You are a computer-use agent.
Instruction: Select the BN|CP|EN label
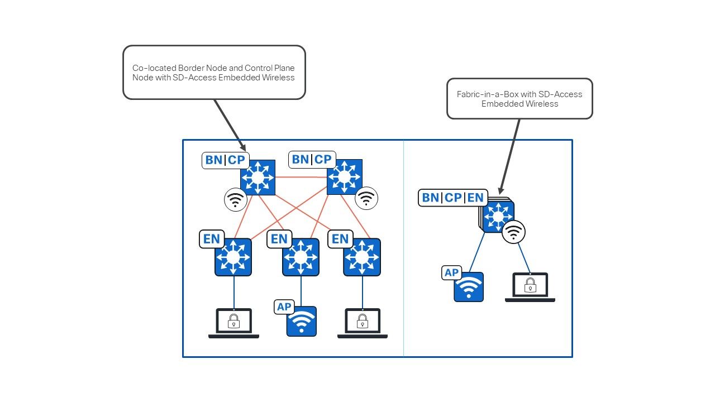[x=453, y=198]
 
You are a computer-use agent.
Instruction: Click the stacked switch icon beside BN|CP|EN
[x=498, y=217]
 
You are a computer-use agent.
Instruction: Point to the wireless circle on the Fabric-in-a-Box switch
[x=513, y=232]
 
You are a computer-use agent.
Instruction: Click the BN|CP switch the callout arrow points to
[x=258, y=178]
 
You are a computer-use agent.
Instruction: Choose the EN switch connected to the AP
[x=301, y=257]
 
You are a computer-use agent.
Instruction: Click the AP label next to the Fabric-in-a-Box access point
[x=451, y=273]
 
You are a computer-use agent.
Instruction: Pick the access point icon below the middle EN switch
[x=302, y=322]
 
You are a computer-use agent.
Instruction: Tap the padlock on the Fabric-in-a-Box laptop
[x=530, y=286]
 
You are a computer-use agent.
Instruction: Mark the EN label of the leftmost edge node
[x=212, y=239]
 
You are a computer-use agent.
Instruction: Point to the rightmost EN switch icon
[x=362, y=257]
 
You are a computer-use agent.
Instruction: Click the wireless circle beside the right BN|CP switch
[x=366, y=198]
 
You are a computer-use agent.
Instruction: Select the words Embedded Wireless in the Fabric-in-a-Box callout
[x=519, y=104]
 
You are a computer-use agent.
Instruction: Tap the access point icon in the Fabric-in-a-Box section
[x=468, y=287]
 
